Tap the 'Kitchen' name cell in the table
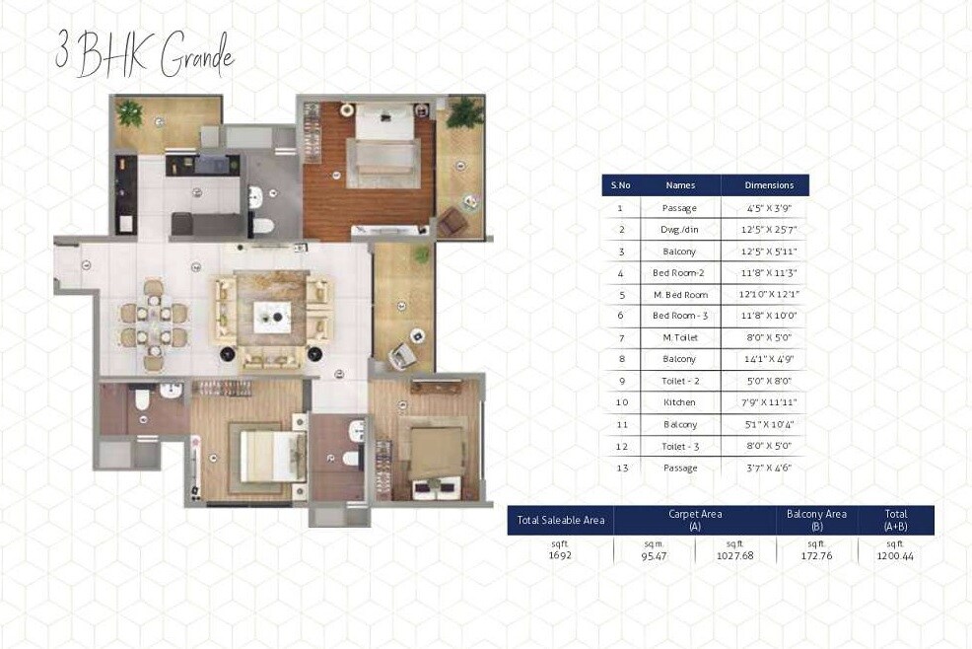680,402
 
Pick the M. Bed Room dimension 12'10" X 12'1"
769,294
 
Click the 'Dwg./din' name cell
680,229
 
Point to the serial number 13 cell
620,468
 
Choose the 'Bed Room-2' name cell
680,272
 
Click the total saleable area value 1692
560,554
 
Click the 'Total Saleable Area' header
560,520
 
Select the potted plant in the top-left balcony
130,112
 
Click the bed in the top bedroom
384,133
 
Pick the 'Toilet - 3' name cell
680,446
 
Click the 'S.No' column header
620,184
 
